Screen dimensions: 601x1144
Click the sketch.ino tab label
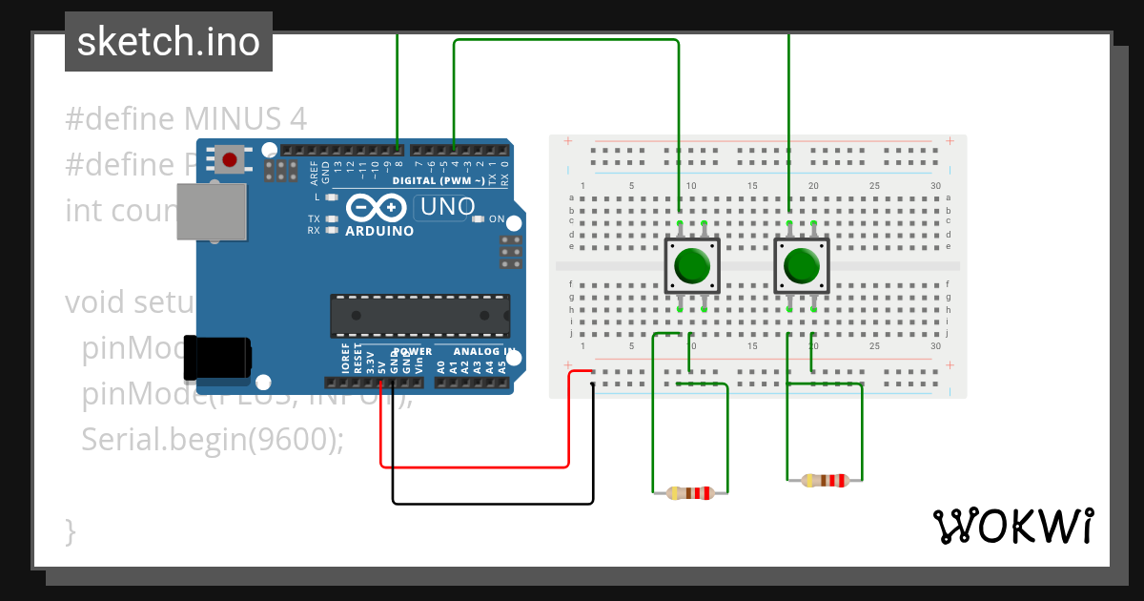pos(168,42)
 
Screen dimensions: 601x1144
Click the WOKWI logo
pos(1011,526)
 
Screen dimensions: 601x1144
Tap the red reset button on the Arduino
pos(229,158)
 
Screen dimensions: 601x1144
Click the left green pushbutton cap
pos(691,266)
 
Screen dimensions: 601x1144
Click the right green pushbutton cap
pos(801,266)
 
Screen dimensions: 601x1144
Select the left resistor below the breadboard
pos(690,493)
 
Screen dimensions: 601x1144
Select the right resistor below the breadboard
pos(825,480)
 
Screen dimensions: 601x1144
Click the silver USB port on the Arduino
pos(212,211)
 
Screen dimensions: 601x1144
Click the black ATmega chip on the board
pos(419,316)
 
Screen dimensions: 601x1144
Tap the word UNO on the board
pos(447,207)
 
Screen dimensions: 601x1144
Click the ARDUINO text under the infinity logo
pos(379,231)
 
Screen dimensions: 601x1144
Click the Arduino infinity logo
pos(378,208)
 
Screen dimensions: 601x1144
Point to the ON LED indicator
pos(479,218)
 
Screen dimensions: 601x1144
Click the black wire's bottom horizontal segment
pos(492,503)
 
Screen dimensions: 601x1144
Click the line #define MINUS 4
pos(186,119)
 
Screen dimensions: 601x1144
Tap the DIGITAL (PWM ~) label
pos(438,180)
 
